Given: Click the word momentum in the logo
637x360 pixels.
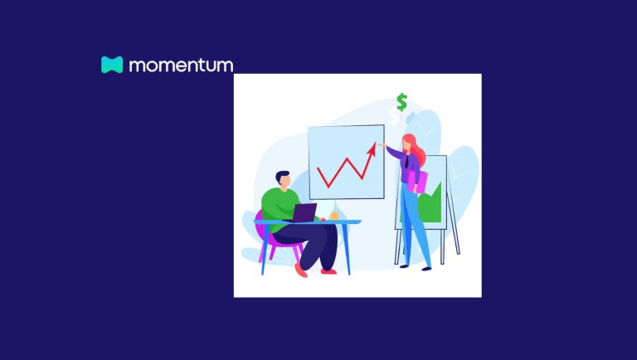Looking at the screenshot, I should [180, 65].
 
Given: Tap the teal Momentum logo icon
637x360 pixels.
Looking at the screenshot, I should [112, 65].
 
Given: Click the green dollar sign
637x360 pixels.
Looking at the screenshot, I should [401, 103].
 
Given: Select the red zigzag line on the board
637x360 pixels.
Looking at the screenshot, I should [342, 169].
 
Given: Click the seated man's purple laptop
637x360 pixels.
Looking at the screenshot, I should [304, 212].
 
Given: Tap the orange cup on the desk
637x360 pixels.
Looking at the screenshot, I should [334, 215].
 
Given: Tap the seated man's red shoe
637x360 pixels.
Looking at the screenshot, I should [328, 270].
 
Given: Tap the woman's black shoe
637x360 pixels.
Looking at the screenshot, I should [426, 267].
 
